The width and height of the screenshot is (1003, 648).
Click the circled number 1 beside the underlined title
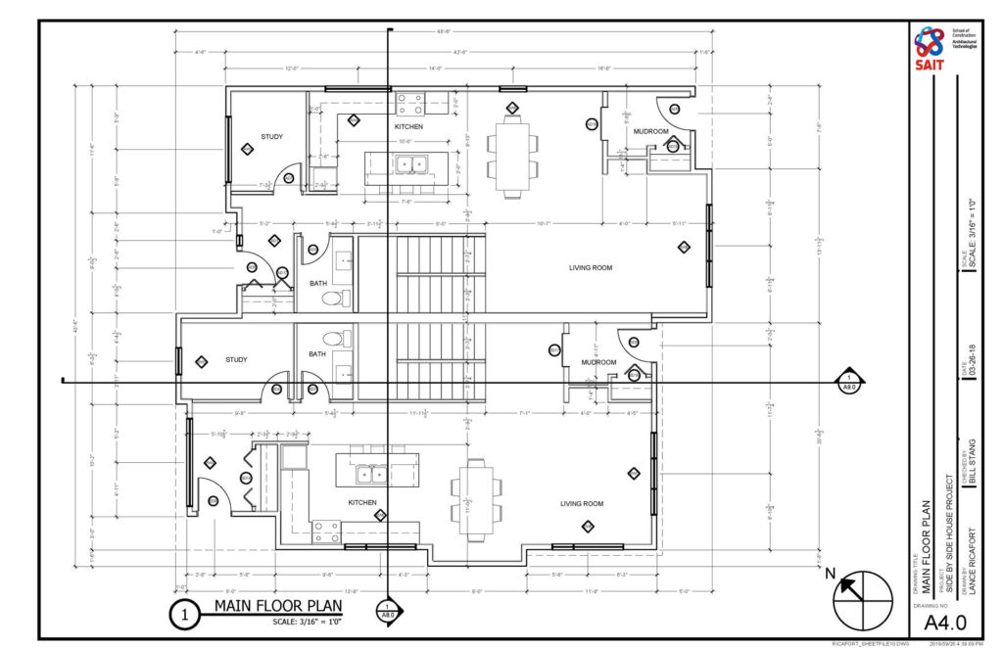click(183, 615)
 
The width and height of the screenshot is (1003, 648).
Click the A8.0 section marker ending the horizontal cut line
click(849, 382)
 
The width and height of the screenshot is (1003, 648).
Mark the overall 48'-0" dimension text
click(444, 32)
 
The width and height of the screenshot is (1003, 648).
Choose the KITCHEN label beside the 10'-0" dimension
click(408, 127)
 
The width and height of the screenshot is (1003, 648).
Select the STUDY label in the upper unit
click(271, 136)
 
